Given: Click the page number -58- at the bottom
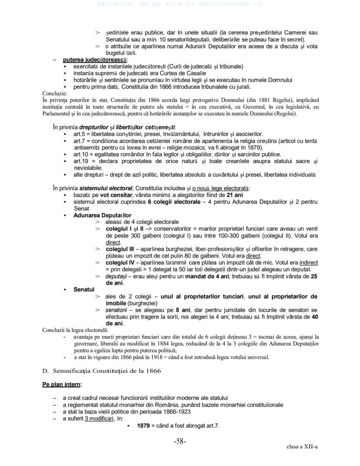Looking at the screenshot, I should point(180,441).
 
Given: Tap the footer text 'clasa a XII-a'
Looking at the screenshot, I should point(302,446).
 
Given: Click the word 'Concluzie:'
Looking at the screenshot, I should point(55,93).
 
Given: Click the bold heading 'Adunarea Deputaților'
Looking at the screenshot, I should point(102,215).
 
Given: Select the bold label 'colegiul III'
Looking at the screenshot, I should point(120,249).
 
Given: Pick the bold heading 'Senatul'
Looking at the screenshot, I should point(84,289).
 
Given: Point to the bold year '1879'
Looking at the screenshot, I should point(144,426).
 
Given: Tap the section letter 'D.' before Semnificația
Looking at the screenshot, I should point(45,370).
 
